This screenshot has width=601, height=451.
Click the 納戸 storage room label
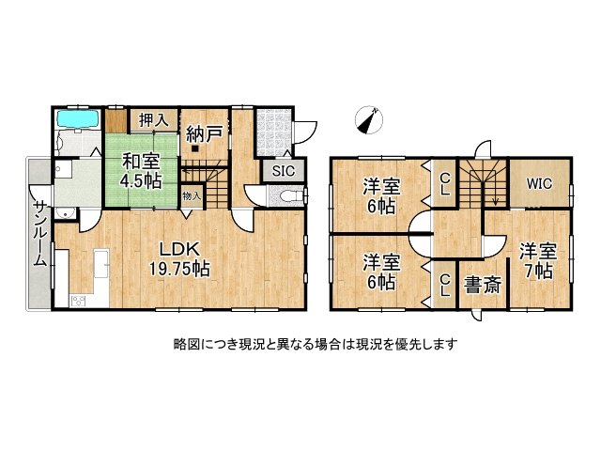[x=202, y=133]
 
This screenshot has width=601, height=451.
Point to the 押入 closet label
[x=153, y=119]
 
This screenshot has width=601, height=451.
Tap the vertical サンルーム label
[x=40, y=233]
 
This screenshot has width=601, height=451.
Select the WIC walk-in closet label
[x=538, y=184]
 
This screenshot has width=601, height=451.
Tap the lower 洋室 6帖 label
[x=381, y=270]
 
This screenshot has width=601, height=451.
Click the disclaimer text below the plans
[x=316, y=344]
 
